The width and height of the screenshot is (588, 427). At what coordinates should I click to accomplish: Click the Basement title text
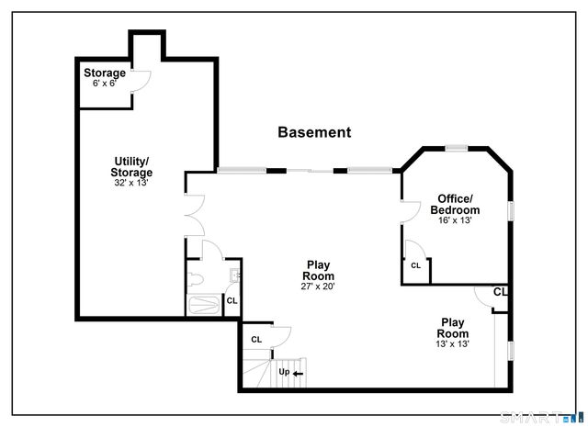pyautogui.click(x=314, y=132)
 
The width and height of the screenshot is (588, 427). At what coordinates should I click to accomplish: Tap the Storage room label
pyautogui.click(x=105, y=73)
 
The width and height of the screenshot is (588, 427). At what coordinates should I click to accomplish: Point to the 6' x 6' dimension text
pyautogui.click(x=105, y=84)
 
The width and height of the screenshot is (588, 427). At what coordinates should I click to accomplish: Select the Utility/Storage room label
pyautogui.click(x=132, y=166)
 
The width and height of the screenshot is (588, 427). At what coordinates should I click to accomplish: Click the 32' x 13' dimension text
pyautogui.click(x=131, y=183)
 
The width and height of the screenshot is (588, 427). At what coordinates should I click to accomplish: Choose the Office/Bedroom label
pyautogui.click(x=455, y=204)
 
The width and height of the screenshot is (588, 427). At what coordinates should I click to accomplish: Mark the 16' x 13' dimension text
pyautogui.click(x=455, y=220)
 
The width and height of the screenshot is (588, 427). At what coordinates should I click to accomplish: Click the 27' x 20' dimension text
pyautogui.click(x=318, y=287)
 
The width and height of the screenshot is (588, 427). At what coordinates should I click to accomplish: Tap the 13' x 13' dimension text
pyautogui.click(x=452, y=344)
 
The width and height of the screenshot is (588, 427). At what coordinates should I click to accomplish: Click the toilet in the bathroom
pyautogui.click(x=195, y=277)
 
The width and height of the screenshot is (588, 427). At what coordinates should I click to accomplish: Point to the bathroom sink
pyautogui.click(x=233, y=273)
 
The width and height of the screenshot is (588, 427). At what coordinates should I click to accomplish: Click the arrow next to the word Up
pyautogui.click(x=299, y=373)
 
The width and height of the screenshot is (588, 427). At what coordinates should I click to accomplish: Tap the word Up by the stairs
pyautogui.click(x=285, y=372)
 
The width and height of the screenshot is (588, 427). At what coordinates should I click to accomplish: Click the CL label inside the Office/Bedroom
pyautogui.click(x=415, y=265)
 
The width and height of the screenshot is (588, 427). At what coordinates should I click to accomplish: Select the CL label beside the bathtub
pyautogui.click(x=232, y=300)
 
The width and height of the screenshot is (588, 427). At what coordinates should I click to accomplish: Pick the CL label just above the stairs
pyautogui.click(x=256, y=339)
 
